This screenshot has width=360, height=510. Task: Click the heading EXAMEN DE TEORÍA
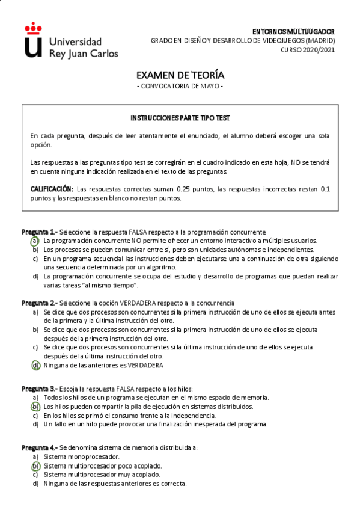180,75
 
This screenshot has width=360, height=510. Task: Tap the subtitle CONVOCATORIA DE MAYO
180,86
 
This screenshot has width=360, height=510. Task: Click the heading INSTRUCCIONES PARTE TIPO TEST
180,118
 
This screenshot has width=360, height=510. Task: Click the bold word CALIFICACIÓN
52,189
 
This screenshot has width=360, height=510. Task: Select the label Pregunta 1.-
40,232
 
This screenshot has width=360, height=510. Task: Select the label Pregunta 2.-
40,303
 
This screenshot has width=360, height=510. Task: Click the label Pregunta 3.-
40,389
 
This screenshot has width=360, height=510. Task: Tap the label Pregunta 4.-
40,448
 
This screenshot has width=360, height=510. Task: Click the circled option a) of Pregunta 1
35,241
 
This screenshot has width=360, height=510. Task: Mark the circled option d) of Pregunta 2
35,365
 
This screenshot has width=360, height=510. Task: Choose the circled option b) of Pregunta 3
35,407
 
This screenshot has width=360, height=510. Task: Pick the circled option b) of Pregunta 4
35,465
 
